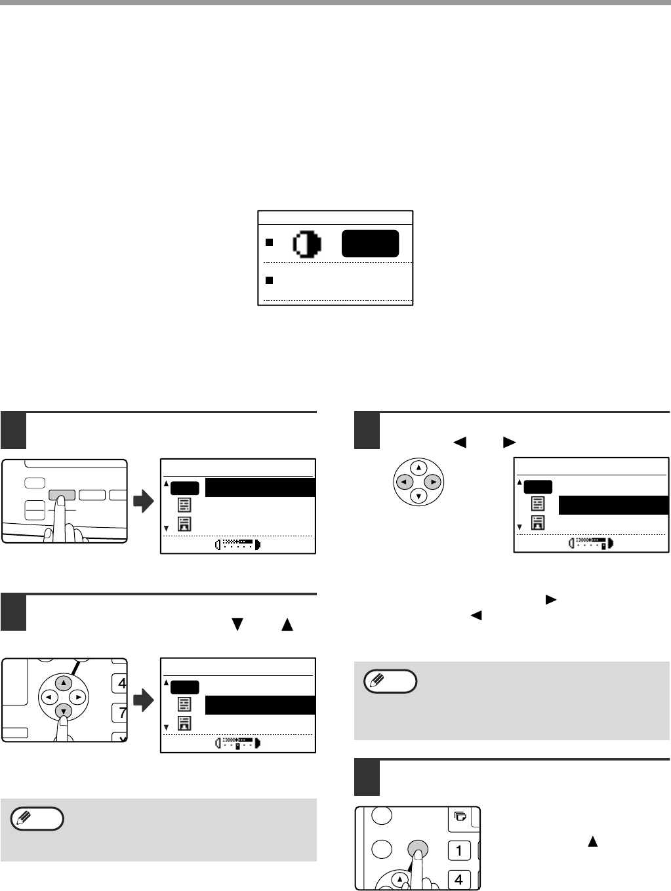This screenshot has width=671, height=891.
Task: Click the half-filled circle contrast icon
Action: [x=307, y=244]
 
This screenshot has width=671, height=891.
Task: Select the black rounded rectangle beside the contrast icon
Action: [x=370, y=243]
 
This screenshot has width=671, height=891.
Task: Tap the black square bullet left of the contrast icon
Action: [x=269, y=243]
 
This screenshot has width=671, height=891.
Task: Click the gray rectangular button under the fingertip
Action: [x=62, y=495]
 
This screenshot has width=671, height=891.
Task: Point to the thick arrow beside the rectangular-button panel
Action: [x=144, y=501]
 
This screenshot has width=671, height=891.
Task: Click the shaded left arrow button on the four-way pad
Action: [x=404, y=482]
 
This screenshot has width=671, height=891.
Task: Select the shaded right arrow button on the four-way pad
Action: [x=433, y=482]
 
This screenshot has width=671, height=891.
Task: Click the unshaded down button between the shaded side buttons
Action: [x=418, y=496]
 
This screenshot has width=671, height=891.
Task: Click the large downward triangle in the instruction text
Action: [x=237, y=624]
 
